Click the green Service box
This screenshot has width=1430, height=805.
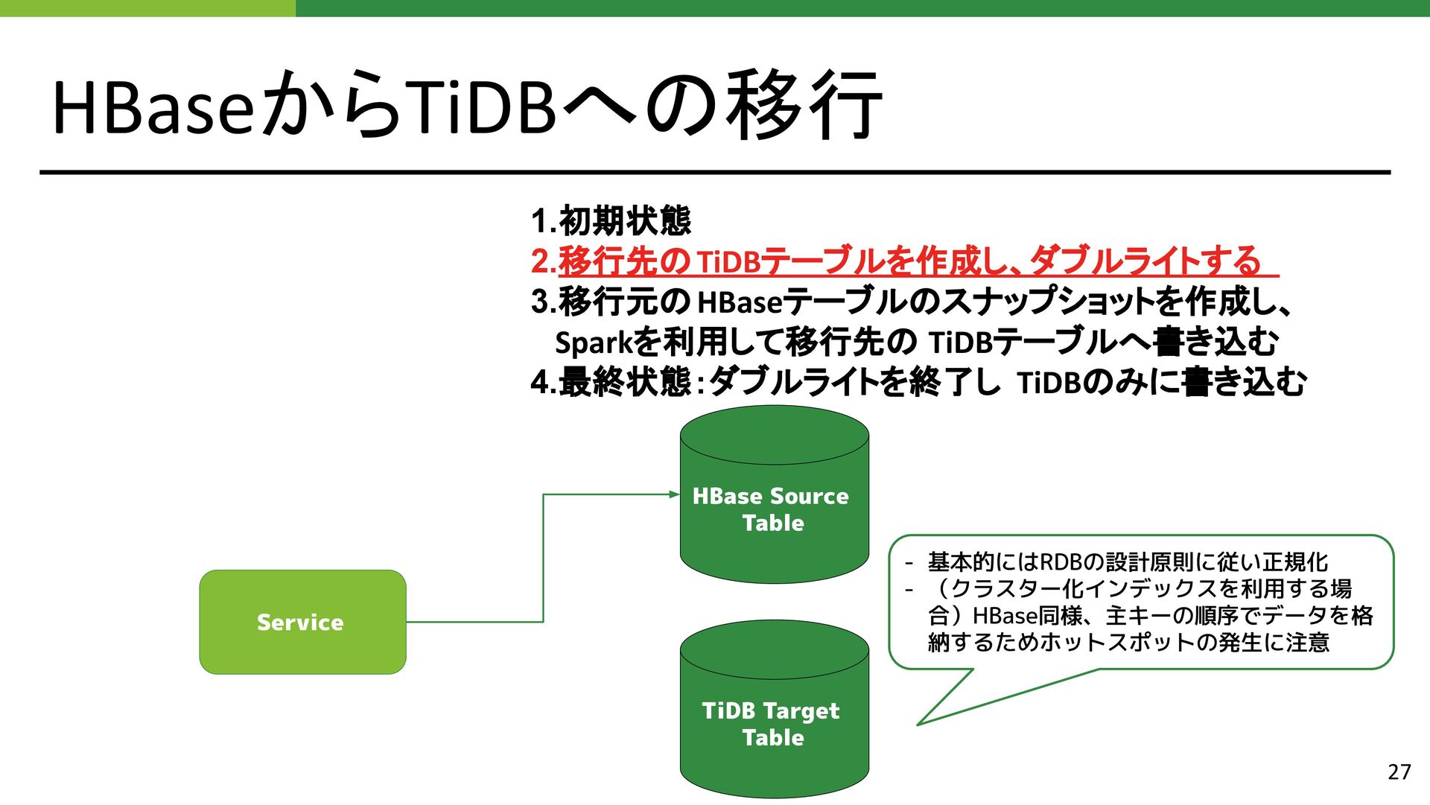(x=302, y=622)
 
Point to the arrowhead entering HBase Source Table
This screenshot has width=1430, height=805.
(x=674, y=494)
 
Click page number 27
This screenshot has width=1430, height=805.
(x=1399, y=771)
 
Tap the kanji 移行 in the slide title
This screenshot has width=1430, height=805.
(x=804, y=106)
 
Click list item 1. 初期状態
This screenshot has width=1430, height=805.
(x=611, y=220)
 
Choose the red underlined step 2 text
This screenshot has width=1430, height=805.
(x=905, y=261)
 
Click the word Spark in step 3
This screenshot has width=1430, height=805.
(x=593, y=343)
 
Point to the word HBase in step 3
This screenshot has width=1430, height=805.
(x=740, y=302)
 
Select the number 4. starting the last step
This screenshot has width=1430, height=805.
(x=543, y=383)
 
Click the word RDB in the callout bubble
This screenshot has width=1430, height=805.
(x=1061, y=561)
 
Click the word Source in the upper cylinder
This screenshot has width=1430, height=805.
(x=810, y=496)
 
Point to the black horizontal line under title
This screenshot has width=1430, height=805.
(x=715, y=172)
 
